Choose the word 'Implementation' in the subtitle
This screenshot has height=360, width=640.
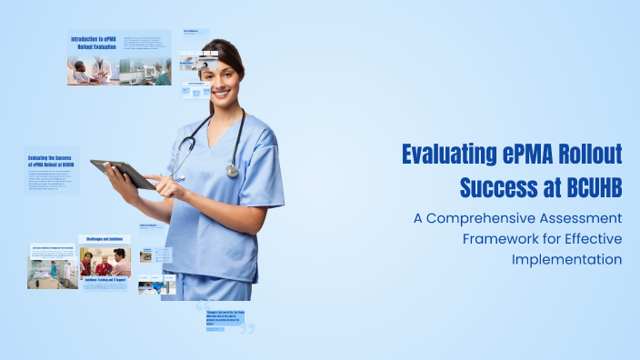[566, 258]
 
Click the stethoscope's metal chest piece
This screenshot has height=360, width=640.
[233, 170]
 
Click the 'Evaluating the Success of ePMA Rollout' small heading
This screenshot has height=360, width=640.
[51, 161]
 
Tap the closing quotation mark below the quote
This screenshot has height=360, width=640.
[246, 328]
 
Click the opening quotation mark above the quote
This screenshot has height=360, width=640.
[201, 306]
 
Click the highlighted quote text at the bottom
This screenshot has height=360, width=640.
[224, 318]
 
